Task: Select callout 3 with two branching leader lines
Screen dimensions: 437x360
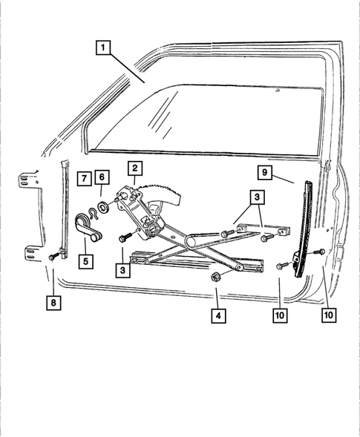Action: pos(255,197)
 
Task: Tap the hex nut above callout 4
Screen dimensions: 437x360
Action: pos(215,277)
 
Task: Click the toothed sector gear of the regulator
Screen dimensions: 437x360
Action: pos(166,195)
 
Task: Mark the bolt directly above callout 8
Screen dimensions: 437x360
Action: pos(53,257)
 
